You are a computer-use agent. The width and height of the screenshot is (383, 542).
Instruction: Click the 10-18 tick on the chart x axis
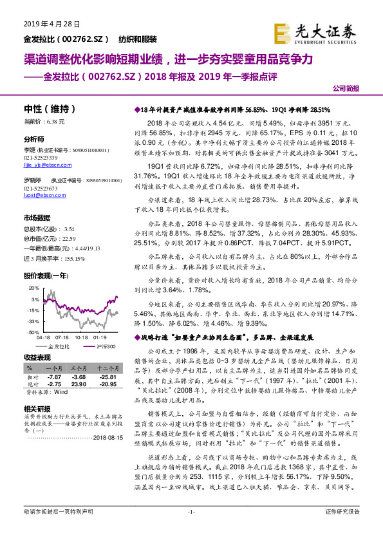(x=81, y=337)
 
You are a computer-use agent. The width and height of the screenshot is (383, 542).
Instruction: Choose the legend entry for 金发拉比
(x=59, y=346)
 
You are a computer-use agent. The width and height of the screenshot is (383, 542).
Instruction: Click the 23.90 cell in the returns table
(x=79, y=384)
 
